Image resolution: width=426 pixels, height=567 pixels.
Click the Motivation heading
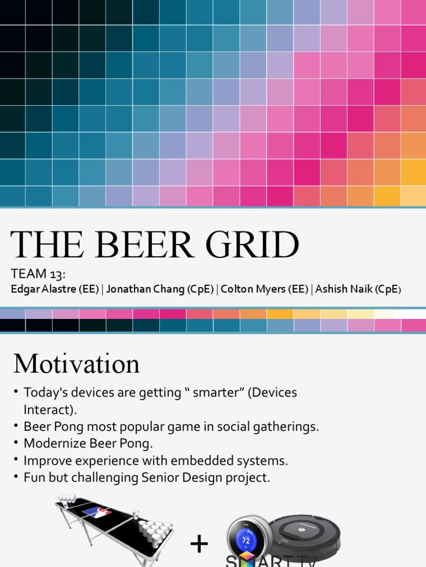coord(77,364)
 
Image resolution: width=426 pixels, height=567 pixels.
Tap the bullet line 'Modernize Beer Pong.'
coord(88,444)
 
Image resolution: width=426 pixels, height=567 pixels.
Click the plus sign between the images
coord(199,544)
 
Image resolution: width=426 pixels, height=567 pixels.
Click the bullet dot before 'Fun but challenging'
coord(17,478)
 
